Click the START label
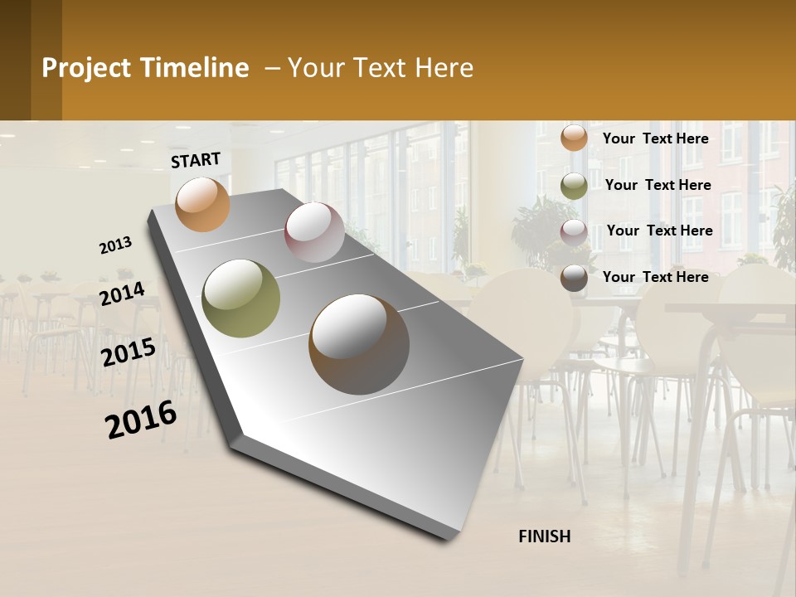pos(196,160)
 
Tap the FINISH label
pos(545,536)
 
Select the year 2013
pos(116,245)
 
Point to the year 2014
pos(122,294)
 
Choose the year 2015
pos(129,352)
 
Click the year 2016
pos(141,420)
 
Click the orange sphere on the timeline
pos(203,204)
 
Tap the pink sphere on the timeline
pos(314,232)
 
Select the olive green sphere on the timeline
pos(241,298)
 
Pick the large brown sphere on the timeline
pos(359,344)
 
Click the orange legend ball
pos(574,138)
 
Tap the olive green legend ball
pos(574,186)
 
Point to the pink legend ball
pos(574,232)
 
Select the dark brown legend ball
pos(574,278)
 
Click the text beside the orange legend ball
pos(655,138)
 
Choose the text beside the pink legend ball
pos(659,231)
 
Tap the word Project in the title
pos(86,68)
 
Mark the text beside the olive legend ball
pos(658,185)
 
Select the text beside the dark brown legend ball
pos(655,277)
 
